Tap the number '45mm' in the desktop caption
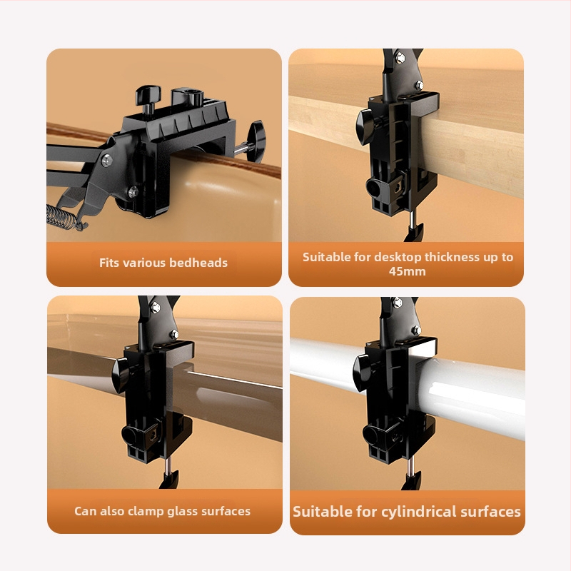pyautogui.click(x=407, y=271)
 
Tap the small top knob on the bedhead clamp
pyautogui.click(x=148, y=100)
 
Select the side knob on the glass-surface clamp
pyautogui.click(x=121, y=375)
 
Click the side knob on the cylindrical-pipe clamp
pyautogui.click(x=361, y=373)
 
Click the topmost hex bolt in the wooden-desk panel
pyautogui.click(x=400, y=58)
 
